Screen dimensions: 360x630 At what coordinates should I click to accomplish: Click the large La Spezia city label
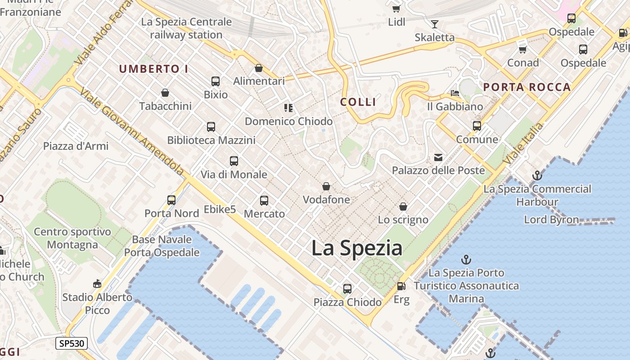pyautogui.click(x=357, y=248)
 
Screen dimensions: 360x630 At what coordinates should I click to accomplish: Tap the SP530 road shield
pyautogui.click(x=71, y=343)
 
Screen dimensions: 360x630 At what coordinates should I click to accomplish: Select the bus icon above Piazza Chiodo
pyautogui.click(x=347, y=289)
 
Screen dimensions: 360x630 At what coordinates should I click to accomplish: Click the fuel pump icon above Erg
pyautogui.click(x=401, y=286)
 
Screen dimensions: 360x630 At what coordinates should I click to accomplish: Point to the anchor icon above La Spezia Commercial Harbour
pyautogui.click(x=537, y=175)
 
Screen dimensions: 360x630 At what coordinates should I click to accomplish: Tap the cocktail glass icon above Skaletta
pyautogui.click(x=435, y=24)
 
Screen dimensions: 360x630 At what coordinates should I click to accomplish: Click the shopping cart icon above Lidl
pyautogui.click(x=396, y=9)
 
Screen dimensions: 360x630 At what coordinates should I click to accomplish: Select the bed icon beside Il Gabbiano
pyautogui.click(x=455, y=93)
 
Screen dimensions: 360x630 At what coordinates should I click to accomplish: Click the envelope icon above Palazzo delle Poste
pyautogui.click(x=438, y=157)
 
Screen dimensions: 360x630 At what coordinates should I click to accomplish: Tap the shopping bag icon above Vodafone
pyautogui.click(x=326, y=186)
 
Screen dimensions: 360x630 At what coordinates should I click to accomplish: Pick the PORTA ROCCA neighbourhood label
pyautogui.click(x=527, y=87)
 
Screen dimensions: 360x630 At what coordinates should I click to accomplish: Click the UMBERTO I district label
pyautogui.click(x=153, y=69)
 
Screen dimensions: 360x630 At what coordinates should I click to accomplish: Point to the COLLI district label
pyautogui.click(x=358, y=102)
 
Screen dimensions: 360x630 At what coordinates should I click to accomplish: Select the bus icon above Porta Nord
pyautogui.click(x=171, y=200)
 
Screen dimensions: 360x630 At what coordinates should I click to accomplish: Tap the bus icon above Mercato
pyautogui.click(x=264, y=201)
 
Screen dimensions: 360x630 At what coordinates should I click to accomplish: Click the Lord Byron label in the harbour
pyautogui.click(x=551, y=220)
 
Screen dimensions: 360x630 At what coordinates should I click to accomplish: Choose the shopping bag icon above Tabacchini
pyautogui.click(x=165, y=93)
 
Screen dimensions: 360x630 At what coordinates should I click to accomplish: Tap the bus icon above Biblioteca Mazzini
pyautogui.click(x=211, y=127)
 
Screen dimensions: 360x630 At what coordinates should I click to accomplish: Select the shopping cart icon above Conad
pyautogui.click(x=522, y=49)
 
